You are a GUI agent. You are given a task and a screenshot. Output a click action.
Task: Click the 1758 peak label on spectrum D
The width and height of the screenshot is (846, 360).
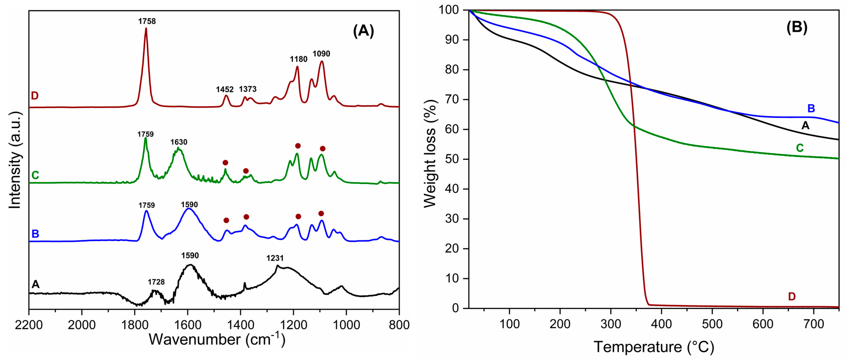pyautogui.click(x=147, y=22)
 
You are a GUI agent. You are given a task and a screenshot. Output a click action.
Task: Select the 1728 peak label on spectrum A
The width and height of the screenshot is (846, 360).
pyautogui.click(x=156, y=282)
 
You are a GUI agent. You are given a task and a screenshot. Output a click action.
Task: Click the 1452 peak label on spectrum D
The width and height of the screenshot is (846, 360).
pyautogui.click(x=225, y=90)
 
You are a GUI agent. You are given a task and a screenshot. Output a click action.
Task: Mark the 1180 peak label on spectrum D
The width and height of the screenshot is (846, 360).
pyautogui.click(x=299, y=59)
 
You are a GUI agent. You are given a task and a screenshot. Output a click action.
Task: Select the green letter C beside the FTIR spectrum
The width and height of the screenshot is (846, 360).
pyautogui.click(x=35, y=175)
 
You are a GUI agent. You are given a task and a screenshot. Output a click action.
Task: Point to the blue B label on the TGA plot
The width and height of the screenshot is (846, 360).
pyautogui.click(x=811, y=109)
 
